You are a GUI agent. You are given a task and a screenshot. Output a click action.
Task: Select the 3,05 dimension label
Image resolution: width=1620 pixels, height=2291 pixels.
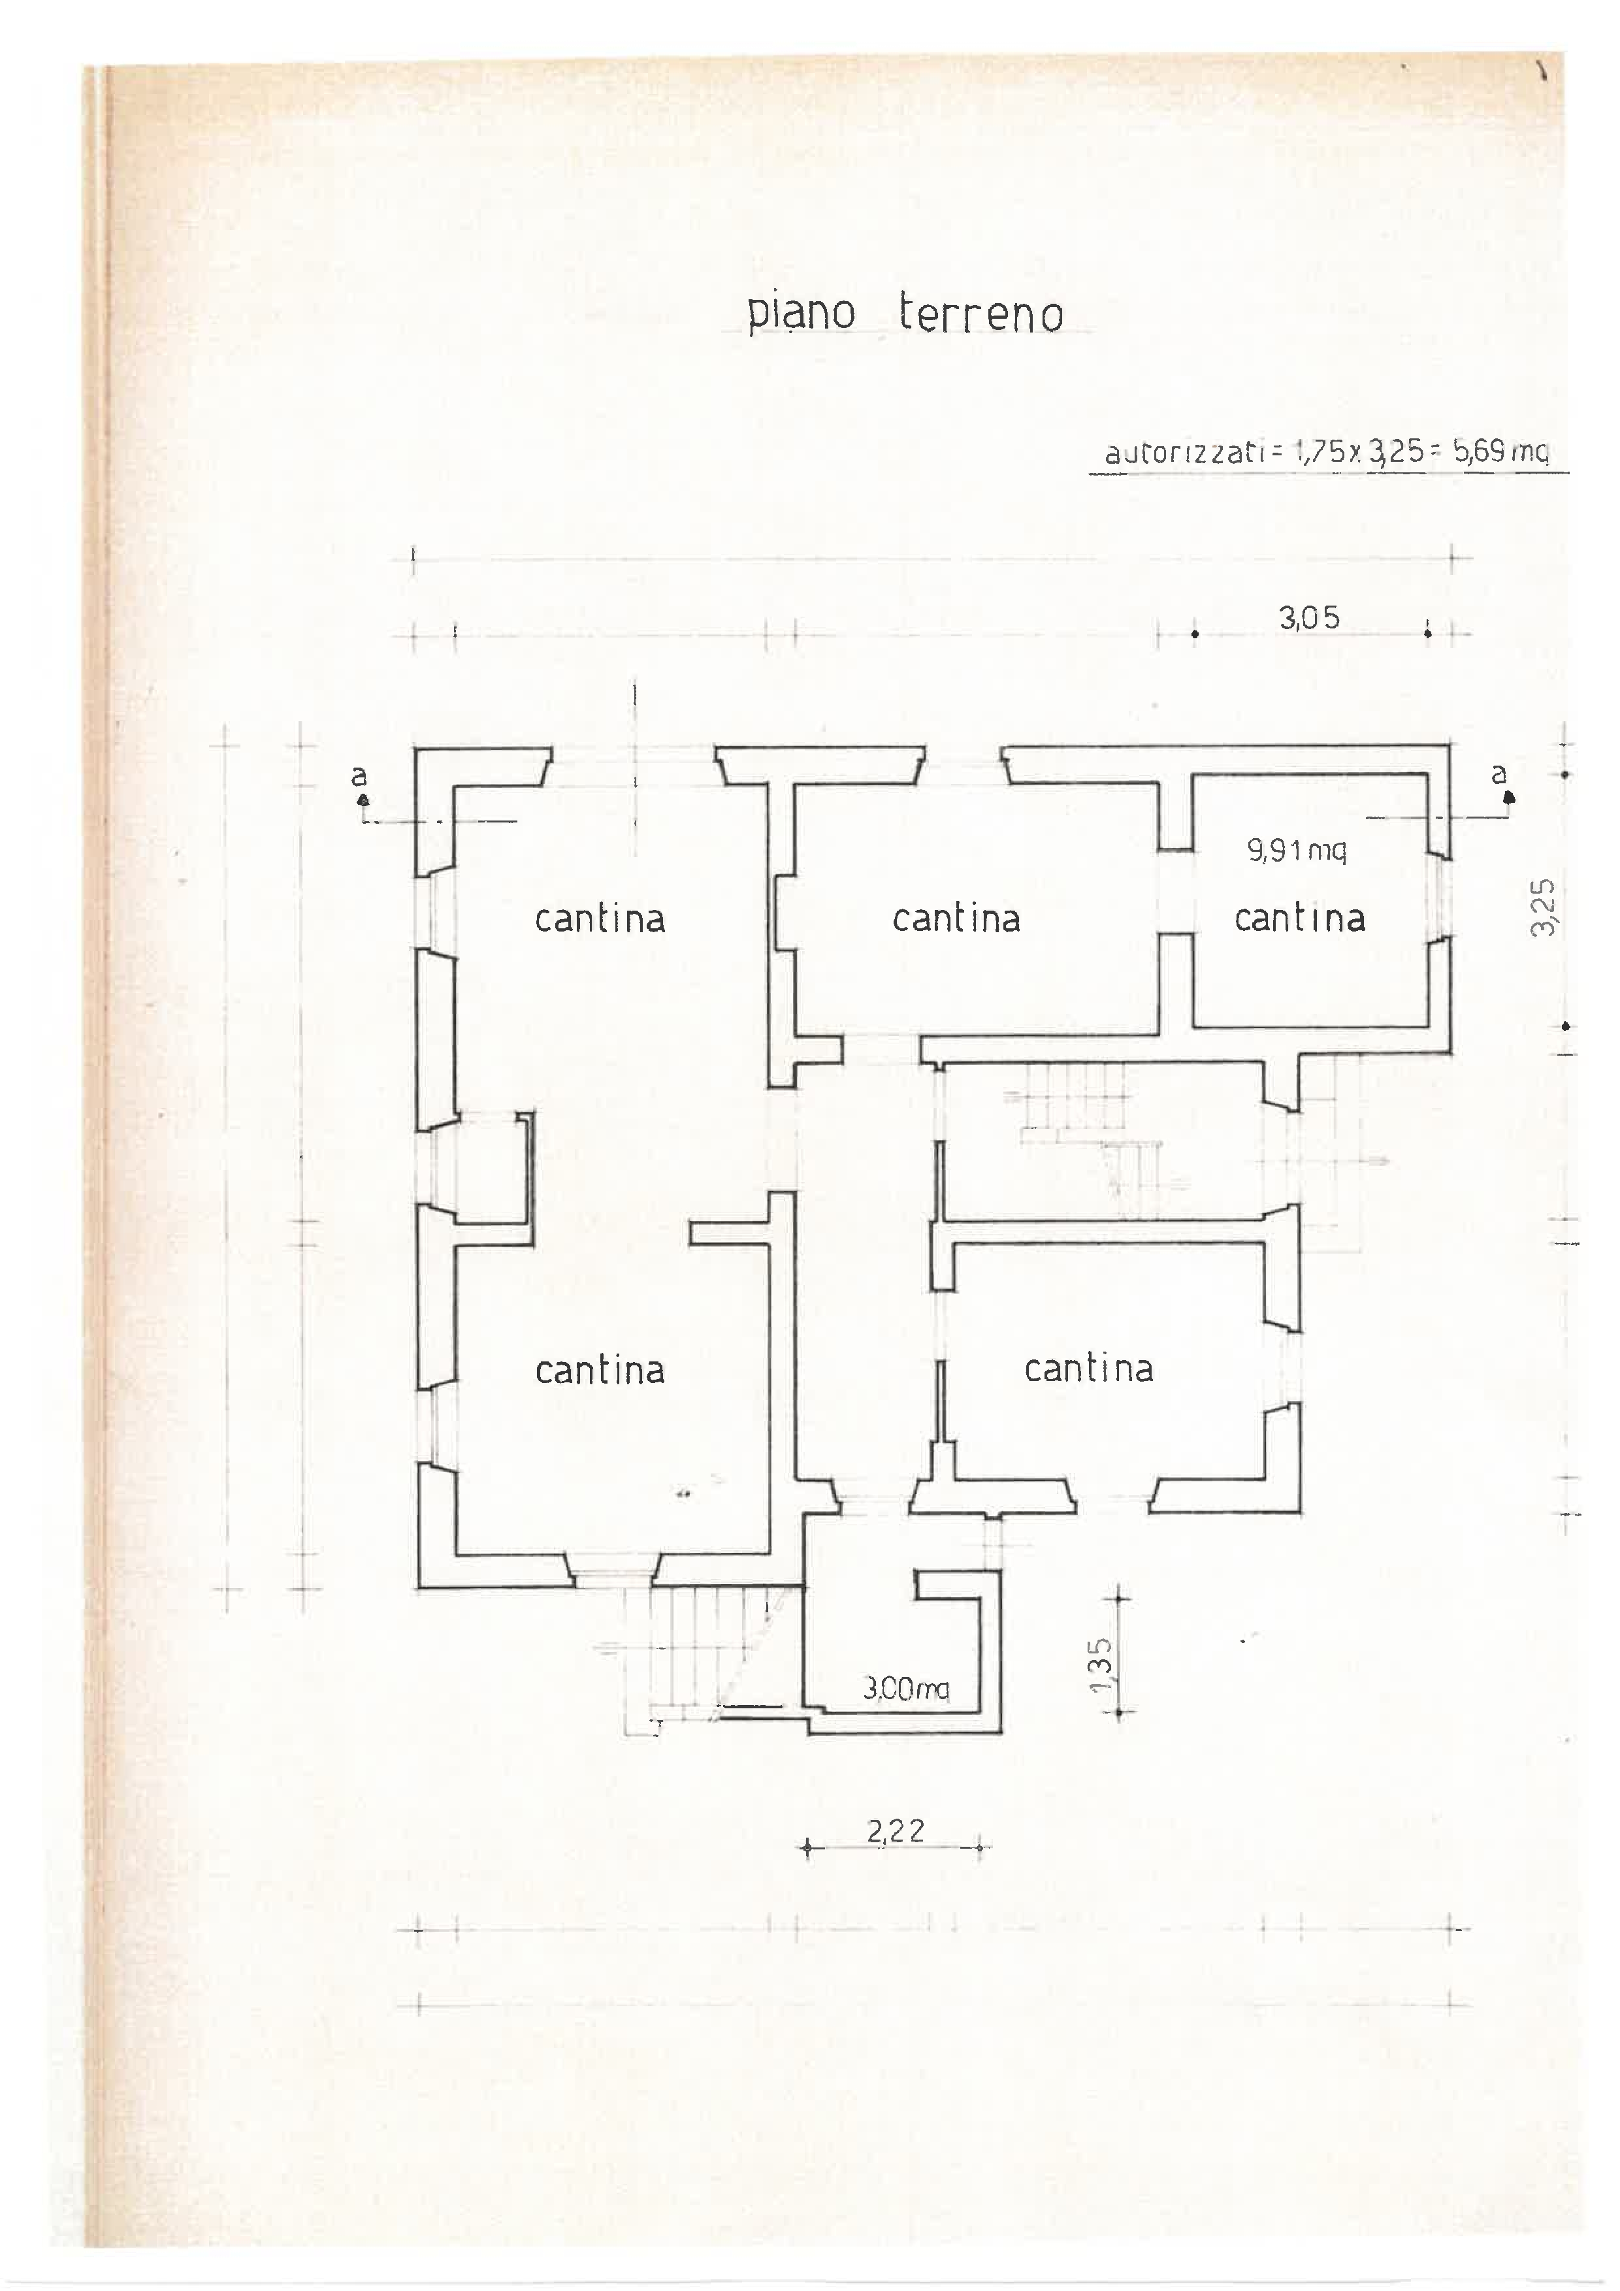pos(1309,617)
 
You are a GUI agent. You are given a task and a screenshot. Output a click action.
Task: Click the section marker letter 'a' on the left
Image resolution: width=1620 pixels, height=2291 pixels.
pos(359,775)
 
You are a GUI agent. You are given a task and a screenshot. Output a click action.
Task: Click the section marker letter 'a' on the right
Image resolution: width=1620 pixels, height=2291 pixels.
pos(1498,773)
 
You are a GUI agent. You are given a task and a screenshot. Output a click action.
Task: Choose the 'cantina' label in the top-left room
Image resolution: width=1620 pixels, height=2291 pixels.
pos(600,918)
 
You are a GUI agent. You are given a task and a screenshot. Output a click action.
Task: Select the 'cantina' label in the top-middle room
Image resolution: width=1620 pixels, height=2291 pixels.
pos(956,918)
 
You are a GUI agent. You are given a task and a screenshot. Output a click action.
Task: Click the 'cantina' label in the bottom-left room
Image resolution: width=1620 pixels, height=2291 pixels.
pos(600,1369)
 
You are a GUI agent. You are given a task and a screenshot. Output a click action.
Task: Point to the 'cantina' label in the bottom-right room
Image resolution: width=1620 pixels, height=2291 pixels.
pos(1088,1367)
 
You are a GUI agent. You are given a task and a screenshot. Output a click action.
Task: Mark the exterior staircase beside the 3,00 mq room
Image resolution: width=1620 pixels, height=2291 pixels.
pos(688,1653)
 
